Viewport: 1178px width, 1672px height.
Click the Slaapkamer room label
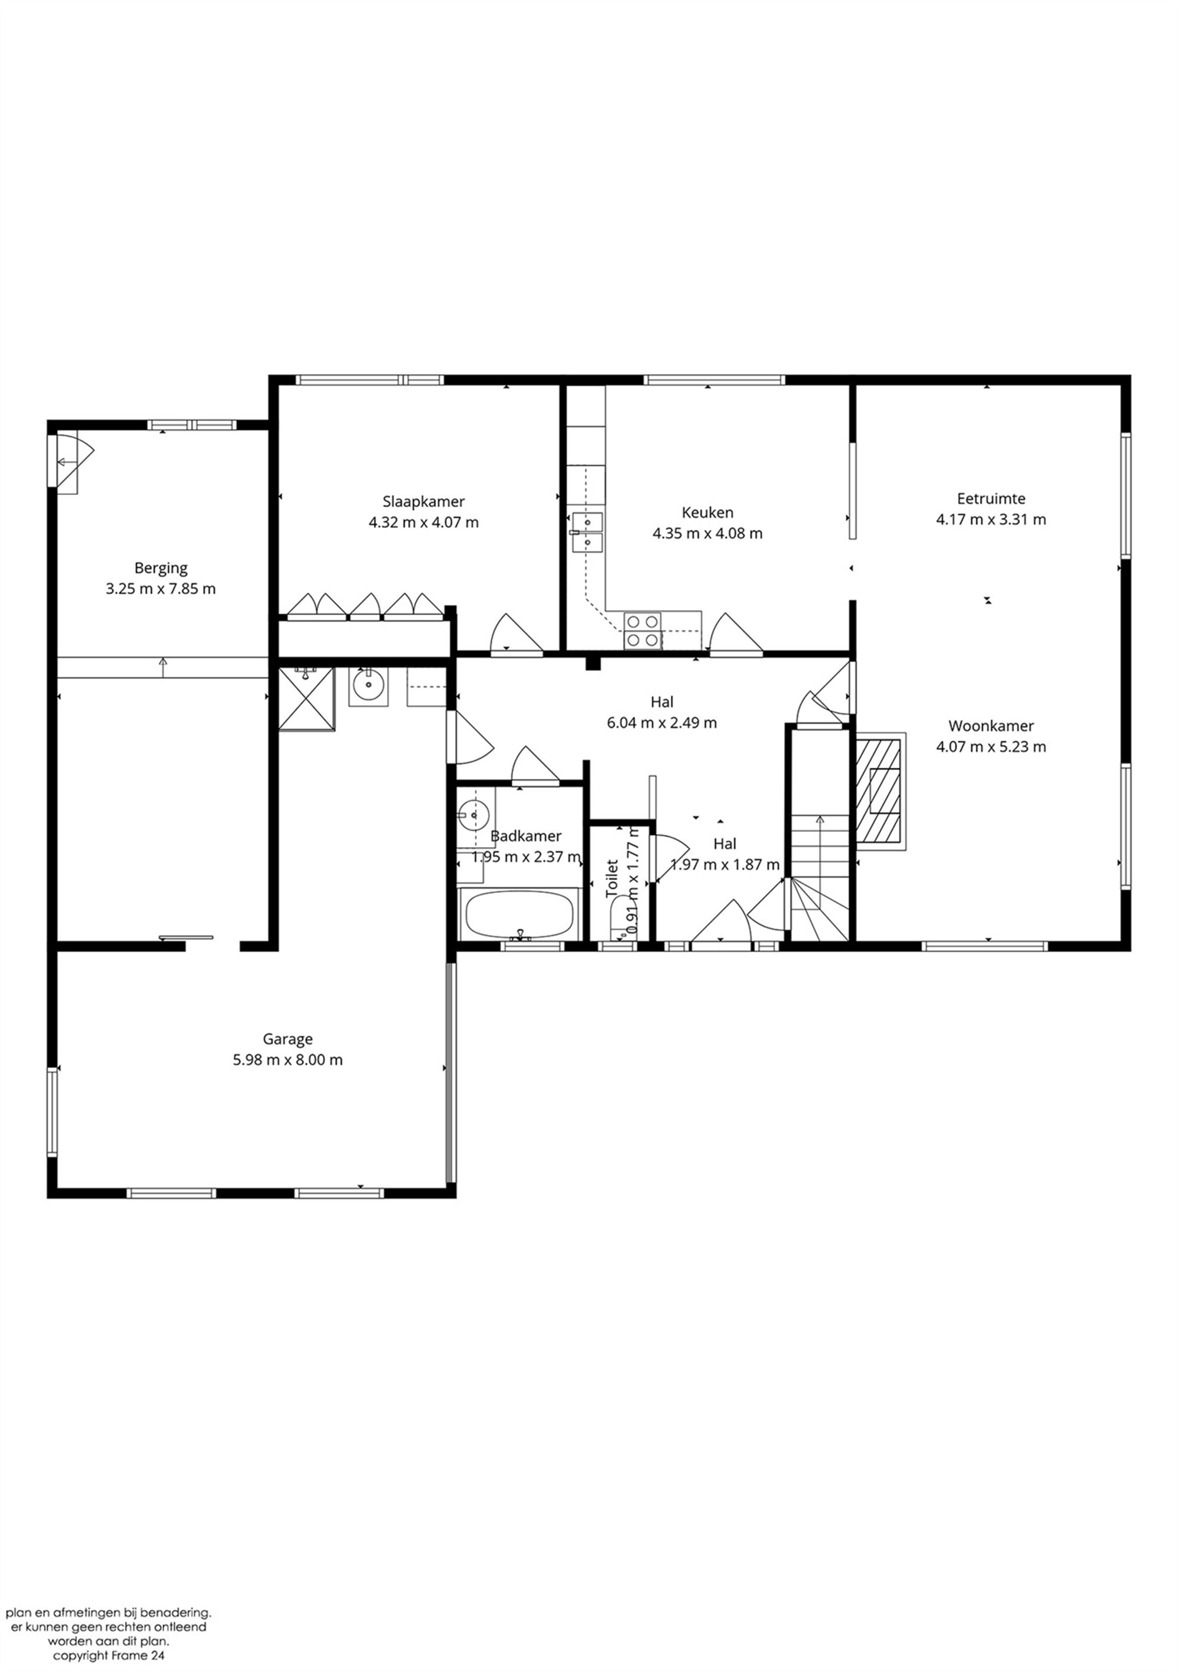[423, 501]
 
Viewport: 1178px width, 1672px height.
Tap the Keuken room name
[707, 512]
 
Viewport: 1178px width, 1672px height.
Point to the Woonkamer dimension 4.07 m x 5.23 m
[990, 746]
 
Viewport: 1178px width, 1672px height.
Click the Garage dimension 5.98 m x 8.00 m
[287, 1059]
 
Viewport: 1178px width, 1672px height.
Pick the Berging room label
[160, 567]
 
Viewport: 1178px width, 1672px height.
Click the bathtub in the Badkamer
[518, 914]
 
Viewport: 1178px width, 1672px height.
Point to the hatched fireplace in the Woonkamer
[879, 791]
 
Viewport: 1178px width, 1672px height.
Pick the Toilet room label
[611, 879]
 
